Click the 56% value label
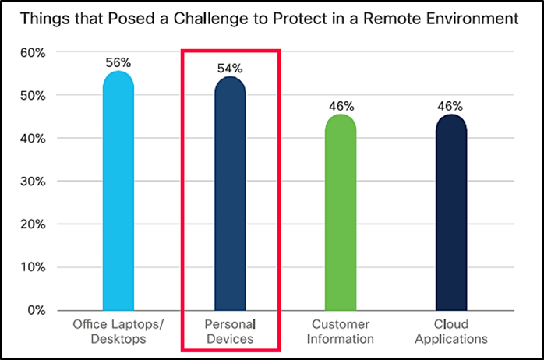(118, 62)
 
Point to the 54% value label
(230, 67)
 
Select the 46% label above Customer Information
(341, 105)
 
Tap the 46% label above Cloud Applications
(451, 105)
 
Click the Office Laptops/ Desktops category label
(118, 331)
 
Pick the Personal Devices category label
(230, 331)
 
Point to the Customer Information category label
(341, 331)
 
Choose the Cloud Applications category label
(451, 331)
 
